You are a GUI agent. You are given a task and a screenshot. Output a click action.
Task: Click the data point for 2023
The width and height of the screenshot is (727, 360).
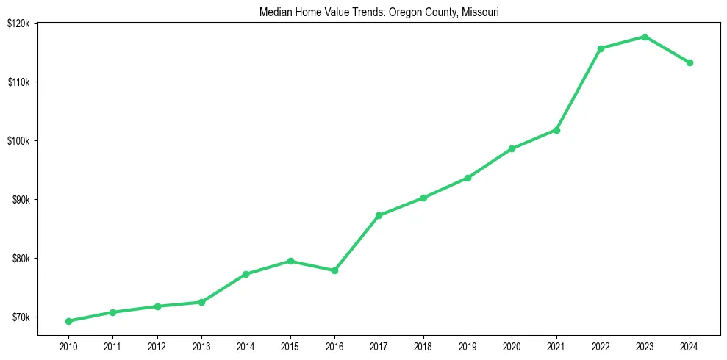(x=645, y=37)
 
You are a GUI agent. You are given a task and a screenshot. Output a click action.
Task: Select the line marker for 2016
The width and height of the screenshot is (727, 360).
(x=334, y=270)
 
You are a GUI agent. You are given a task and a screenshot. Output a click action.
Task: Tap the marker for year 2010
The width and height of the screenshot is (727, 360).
(x=68, y=321)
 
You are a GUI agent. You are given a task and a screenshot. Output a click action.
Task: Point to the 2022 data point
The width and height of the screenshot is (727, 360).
(x=601, y=48)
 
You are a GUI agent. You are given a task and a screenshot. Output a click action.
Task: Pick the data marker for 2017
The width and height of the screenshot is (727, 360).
(x=379, y=215)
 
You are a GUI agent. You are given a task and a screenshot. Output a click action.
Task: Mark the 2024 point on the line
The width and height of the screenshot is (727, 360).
(x=690, y=62)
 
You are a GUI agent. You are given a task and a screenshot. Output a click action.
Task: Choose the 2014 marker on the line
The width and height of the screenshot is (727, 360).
(x=246, y=274)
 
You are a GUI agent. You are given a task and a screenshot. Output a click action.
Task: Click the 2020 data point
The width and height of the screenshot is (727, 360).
(x=512, y=148)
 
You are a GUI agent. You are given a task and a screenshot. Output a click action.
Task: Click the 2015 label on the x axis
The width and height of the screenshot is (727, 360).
(x=290, y=346)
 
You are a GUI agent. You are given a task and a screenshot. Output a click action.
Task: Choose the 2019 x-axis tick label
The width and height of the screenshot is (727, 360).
(x=468, y=346)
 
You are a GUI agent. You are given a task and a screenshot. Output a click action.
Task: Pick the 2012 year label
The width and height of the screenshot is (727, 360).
(x=157, y=346)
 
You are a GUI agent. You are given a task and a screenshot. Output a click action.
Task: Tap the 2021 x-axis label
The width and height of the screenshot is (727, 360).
(x=556, y=346)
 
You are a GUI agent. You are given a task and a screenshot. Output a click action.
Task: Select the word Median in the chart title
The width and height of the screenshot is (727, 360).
(x=275, y=12)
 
